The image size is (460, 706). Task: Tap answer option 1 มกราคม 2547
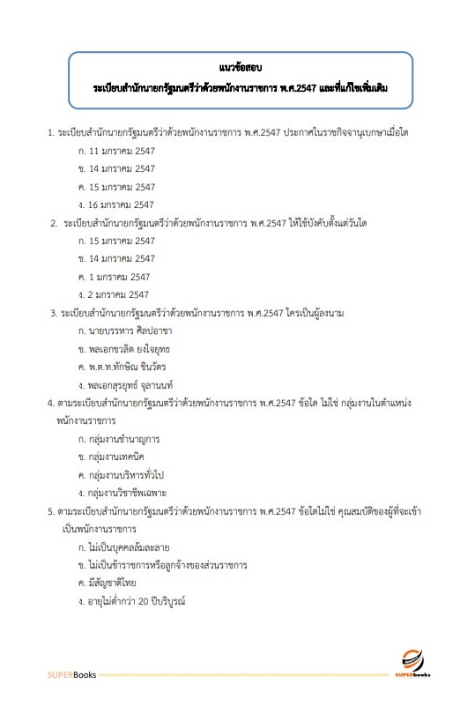pyautogui.click(x=114, y=277)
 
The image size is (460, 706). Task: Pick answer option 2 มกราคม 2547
pyautogui.click(x=114, y=294)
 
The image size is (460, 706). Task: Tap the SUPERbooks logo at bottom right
pyautogui.click(x=415, y=665)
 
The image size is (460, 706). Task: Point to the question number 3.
pyautogui.click(x=54, y=313)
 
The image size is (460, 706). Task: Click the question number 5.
pyautogui.click(x=50, y=510)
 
